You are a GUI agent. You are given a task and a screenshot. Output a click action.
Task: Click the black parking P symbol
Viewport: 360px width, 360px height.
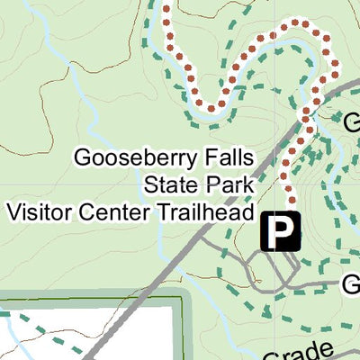coord(282,232)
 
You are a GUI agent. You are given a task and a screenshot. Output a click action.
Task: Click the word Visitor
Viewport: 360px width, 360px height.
coord(37,212)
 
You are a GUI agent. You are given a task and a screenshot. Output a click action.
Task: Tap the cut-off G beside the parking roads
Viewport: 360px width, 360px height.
coord(351,285)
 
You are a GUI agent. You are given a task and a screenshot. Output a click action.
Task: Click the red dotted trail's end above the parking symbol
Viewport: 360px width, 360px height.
coord(291,200)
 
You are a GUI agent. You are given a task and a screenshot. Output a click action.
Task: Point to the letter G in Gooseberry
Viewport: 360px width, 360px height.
coord(82,159)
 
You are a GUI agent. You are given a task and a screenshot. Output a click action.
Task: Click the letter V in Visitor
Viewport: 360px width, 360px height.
coord(12,212)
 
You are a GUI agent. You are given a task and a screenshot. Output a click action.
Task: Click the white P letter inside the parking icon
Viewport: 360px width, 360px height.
coord(283,232)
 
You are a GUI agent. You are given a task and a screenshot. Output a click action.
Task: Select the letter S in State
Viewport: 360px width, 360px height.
coord(149,186)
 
